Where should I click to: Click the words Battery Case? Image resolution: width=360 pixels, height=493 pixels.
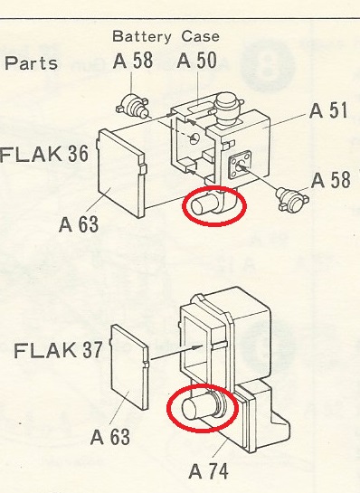[x=166, y=37]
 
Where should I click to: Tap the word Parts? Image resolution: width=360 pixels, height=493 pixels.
[x=32, y=63]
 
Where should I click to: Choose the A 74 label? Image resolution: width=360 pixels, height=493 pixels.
[x=210, y=470]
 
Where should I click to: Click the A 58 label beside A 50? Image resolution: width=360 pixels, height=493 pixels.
[x=135, y=62]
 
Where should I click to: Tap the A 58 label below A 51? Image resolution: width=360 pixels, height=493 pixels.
[x=330, y=179]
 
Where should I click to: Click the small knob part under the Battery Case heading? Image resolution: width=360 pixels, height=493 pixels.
[x=133, y=107]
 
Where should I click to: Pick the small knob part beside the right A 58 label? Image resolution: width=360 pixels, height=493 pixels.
[x=291, y=195]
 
